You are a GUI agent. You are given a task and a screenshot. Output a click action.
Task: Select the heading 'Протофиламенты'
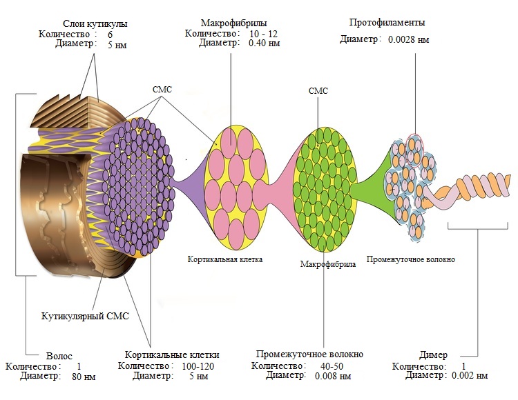(x=387, y=23)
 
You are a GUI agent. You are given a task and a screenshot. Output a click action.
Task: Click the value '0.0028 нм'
(x=408, y=40)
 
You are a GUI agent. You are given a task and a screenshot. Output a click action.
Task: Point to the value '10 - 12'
(x=265, y=33)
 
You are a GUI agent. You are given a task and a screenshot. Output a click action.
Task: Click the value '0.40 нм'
(x=265, y=43)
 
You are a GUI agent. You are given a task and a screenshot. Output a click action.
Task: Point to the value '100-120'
(x=199, y=366)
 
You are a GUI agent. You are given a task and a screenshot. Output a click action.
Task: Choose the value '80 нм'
(x=83, y=377)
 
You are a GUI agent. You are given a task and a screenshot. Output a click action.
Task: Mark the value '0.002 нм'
(x=470, y=376)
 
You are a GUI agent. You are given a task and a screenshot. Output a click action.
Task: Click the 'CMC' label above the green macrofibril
(x=318, y=90)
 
